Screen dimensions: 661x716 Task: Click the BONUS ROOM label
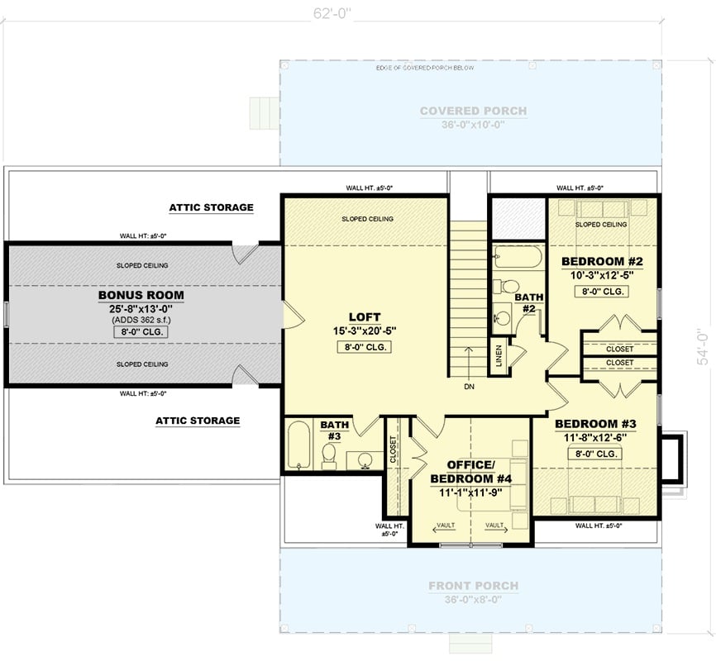click(x=141, y=295)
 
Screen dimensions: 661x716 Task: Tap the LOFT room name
click(x=364, y=316)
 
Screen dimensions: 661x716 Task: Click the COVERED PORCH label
click(x=473, y=111)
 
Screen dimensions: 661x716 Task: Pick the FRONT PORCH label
click(x=473, y=586)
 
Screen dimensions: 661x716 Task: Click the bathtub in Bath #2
click(x=513, y=260)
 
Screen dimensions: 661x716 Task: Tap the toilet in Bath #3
click(x=328, y=453)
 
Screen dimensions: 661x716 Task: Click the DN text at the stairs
click(x=468, y=386)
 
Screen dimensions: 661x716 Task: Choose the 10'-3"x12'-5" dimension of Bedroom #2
click(x=603, y=275)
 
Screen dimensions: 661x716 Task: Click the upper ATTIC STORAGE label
click(x=211, y=207)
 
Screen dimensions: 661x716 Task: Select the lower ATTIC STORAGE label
click(x=198, y=421)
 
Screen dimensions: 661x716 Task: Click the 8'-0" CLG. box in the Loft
click(x=364, y=347)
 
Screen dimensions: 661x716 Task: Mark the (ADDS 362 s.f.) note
click(x=141, y=320)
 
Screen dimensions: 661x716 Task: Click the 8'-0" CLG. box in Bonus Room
click(x=141, y=332)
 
